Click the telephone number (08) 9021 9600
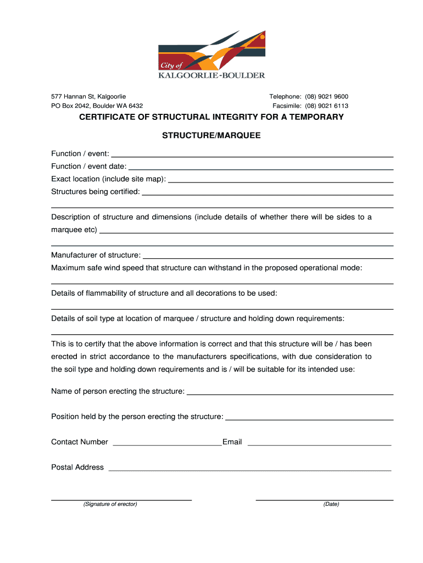(327, 97)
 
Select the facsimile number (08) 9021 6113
(327, 106)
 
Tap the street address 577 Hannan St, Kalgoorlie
(88, 97)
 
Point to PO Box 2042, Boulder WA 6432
(97, 106)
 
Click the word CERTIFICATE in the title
(110, 117)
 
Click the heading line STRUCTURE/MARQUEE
(211, 135)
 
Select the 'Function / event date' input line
(260, 167)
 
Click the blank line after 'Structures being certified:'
(267, 193)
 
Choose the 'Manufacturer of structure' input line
(267, 256)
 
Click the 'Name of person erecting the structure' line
(290, 393)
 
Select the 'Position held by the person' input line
(309, 418)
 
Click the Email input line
(319, 443)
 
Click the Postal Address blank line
(250, 469)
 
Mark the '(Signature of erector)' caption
(110, 504)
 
